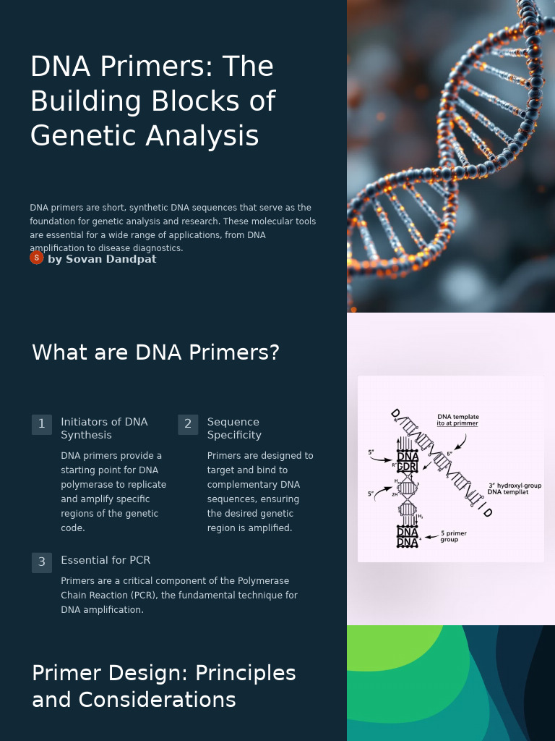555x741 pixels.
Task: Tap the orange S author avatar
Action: (x=36, y=258)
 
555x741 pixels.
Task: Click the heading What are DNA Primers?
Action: (x=155, y=352)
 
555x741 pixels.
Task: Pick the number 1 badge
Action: (x=41, y=424)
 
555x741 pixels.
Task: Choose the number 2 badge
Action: (x=188, y=424)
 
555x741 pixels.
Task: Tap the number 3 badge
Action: (x=41, y=562)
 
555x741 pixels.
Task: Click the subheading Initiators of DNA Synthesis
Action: (x=104, y=428)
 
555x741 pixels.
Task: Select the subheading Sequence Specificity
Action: (x=234, y=428)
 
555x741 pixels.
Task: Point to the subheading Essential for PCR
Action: (x=106, y=560)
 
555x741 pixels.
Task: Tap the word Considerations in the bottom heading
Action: (x=158, y=700)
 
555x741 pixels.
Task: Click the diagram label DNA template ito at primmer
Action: (x=457, y=420)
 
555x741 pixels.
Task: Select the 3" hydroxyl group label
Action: (x=515, y=486)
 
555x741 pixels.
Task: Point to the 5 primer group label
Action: (x=453, y=536)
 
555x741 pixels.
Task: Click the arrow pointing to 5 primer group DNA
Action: (x=431, y=537)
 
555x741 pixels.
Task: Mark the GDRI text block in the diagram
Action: (x=408, y=467)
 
